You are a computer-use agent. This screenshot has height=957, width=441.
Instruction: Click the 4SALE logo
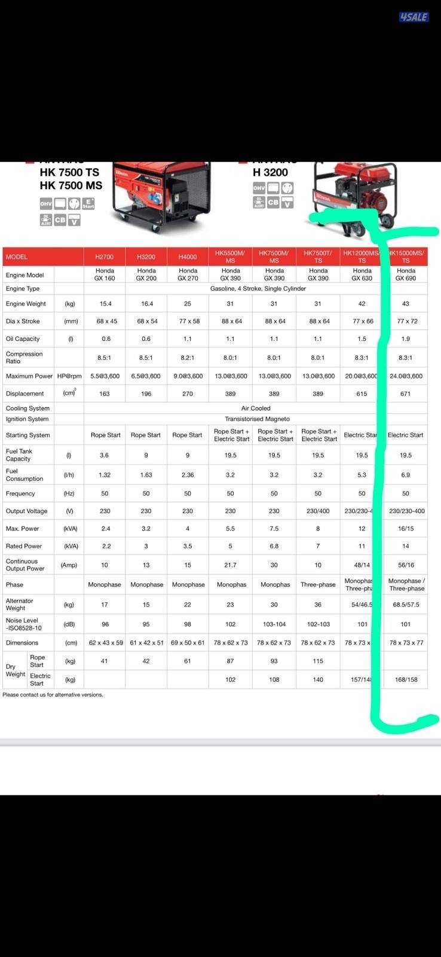click(x=414, y=17)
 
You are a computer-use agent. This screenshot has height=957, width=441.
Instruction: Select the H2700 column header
click(x=105, y=257)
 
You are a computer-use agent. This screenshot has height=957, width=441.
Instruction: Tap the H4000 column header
click(x=188, y=257)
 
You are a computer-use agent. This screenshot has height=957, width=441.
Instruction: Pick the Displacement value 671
click(x=406, y=394)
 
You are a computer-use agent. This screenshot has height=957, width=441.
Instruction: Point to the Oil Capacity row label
click(x=23, y=339)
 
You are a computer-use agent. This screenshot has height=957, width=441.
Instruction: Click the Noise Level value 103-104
click(x=274, y=624)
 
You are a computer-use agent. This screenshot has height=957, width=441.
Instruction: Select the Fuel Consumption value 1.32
click(x=105, y=475)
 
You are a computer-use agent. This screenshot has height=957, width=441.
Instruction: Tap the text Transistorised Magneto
click(x=257, y=419)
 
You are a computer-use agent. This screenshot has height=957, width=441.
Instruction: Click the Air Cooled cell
click(x=256, y=408)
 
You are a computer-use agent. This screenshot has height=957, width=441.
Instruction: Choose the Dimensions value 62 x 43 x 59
click(x=106, y=642)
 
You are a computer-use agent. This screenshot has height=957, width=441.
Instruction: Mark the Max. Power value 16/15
click(x=406, y=529)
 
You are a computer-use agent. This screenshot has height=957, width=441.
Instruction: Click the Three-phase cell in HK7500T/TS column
click(x=318, y=584)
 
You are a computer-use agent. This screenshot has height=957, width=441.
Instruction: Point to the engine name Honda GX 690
click(x=406, y=274)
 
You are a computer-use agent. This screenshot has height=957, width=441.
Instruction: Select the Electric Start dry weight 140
click(x=318, y=679)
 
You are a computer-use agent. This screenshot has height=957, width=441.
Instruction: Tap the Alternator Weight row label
click(x=20, y=604)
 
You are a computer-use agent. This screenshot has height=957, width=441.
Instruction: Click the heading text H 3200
click(x=270, y=172)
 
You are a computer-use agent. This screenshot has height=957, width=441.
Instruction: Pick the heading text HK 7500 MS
click(x=71, y=185)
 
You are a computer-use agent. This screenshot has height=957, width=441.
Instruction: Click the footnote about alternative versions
click(x=53, y=694)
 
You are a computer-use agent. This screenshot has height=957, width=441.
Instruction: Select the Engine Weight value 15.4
click(x=106, y=303)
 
